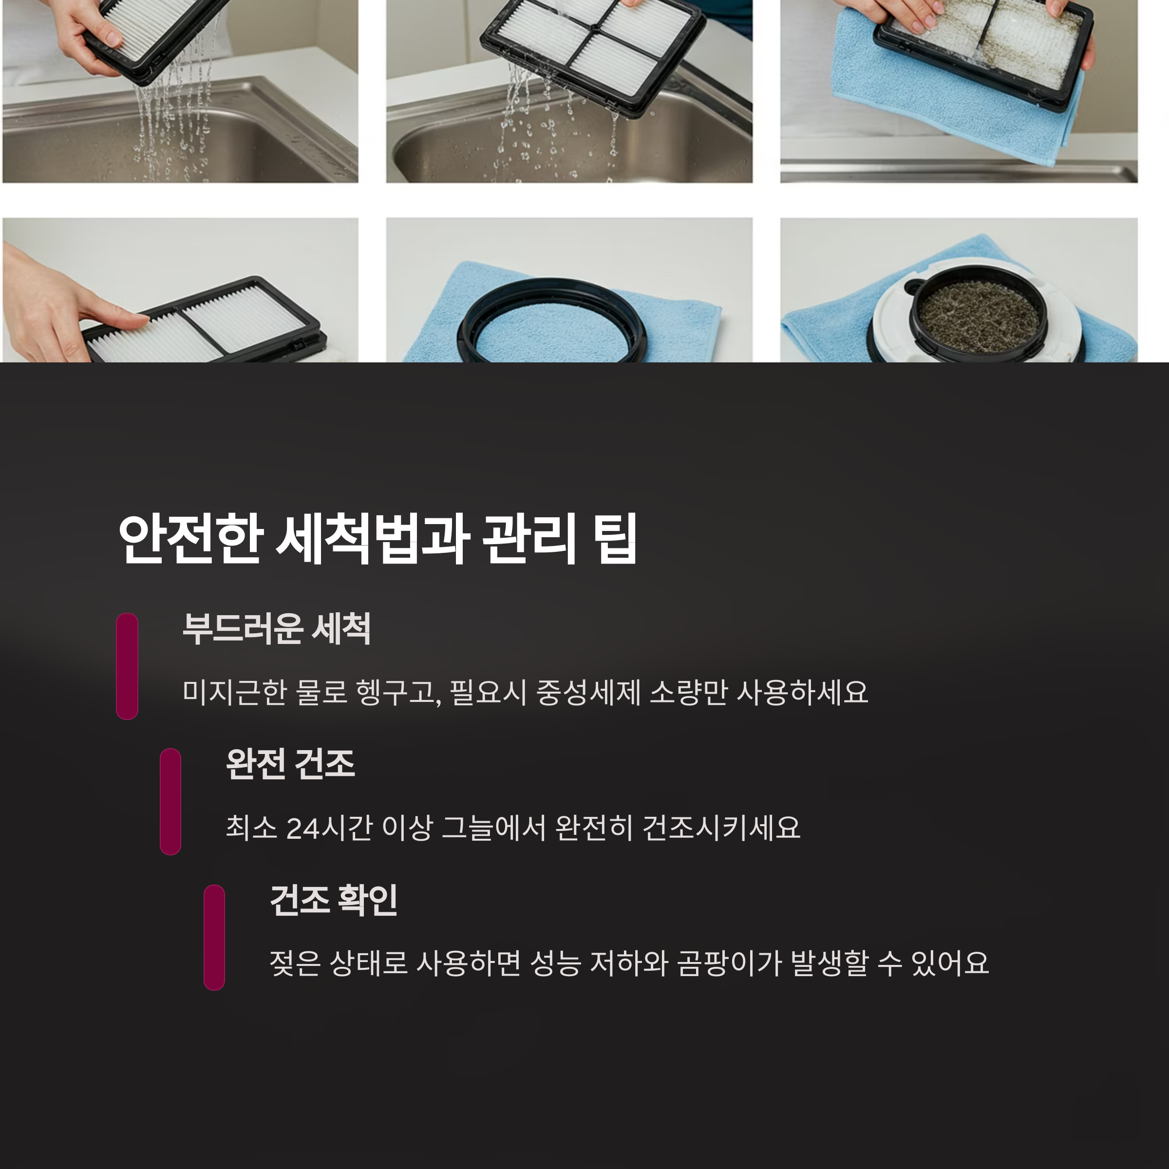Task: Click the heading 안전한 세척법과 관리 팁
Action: (377, 539)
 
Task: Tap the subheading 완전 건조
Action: (290, 764)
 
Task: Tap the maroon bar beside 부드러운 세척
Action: (127, 666)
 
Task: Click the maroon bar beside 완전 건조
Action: (170, 802)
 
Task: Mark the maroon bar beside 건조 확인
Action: (214, 937)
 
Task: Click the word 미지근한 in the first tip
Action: (235, 692)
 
